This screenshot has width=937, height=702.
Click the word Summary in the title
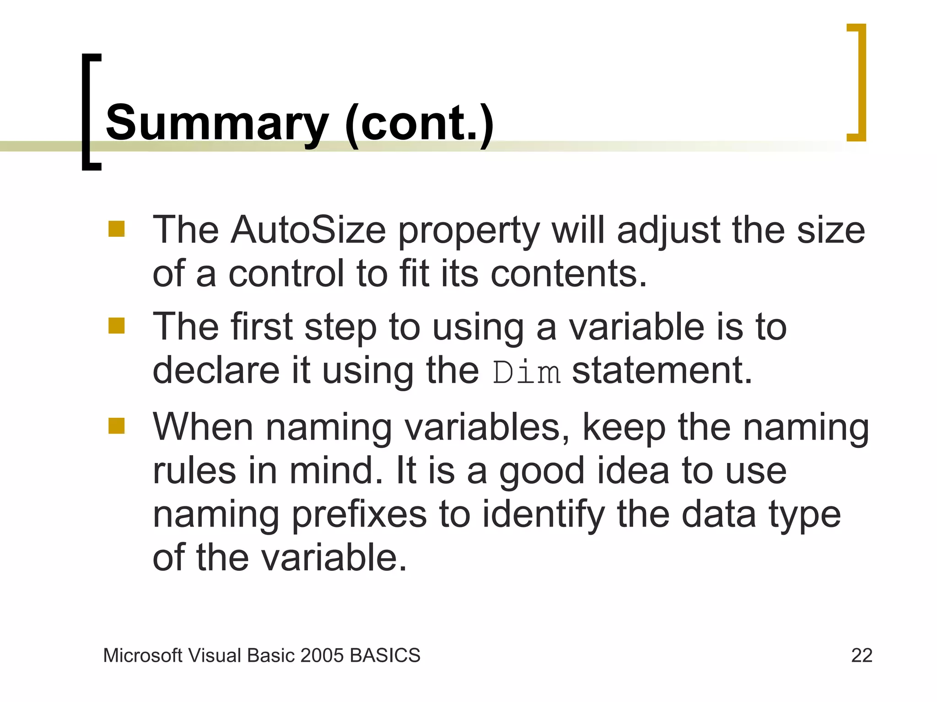(217, 122)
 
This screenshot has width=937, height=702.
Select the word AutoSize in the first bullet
(308, 230)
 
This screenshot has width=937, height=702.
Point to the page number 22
(862, 655)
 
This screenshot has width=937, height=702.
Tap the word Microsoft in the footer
(143, 655)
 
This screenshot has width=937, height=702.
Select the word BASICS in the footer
(385, 655)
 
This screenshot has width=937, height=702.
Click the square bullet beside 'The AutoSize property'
(117, 229)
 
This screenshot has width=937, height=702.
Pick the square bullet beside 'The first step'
(117, 326)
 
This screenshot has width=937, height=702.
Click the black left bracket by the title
(90, 112)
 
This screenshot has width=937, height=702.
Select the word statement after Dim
(662, 370)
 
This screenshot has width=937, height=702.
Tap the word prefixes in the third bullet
(359, 514)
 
